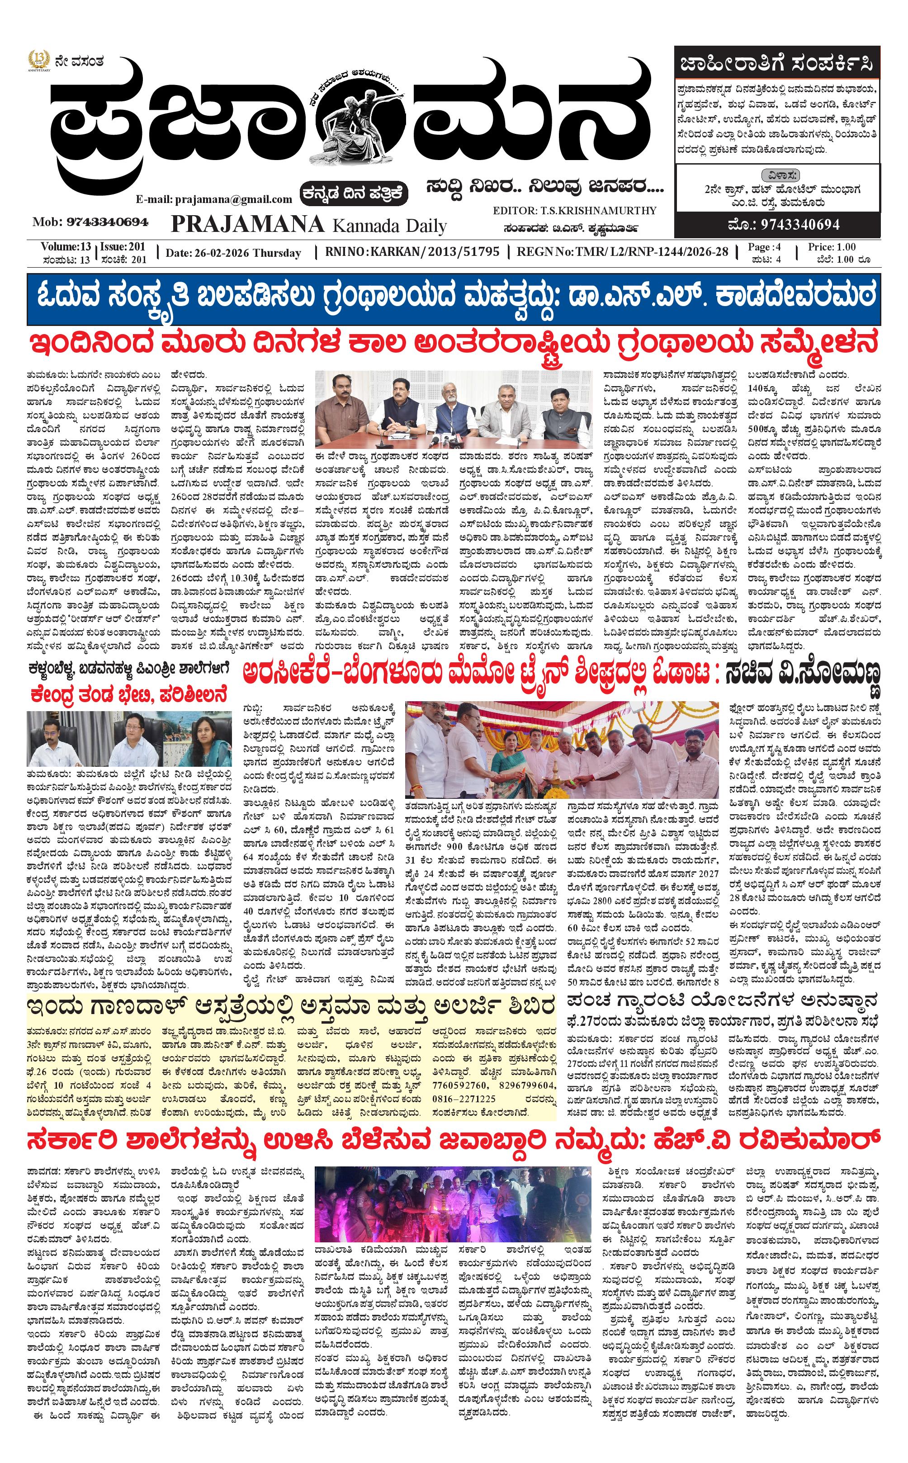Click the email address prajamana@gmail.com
click(x=214, y=199)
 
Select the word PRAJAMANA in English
click(x=247, y=224)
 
